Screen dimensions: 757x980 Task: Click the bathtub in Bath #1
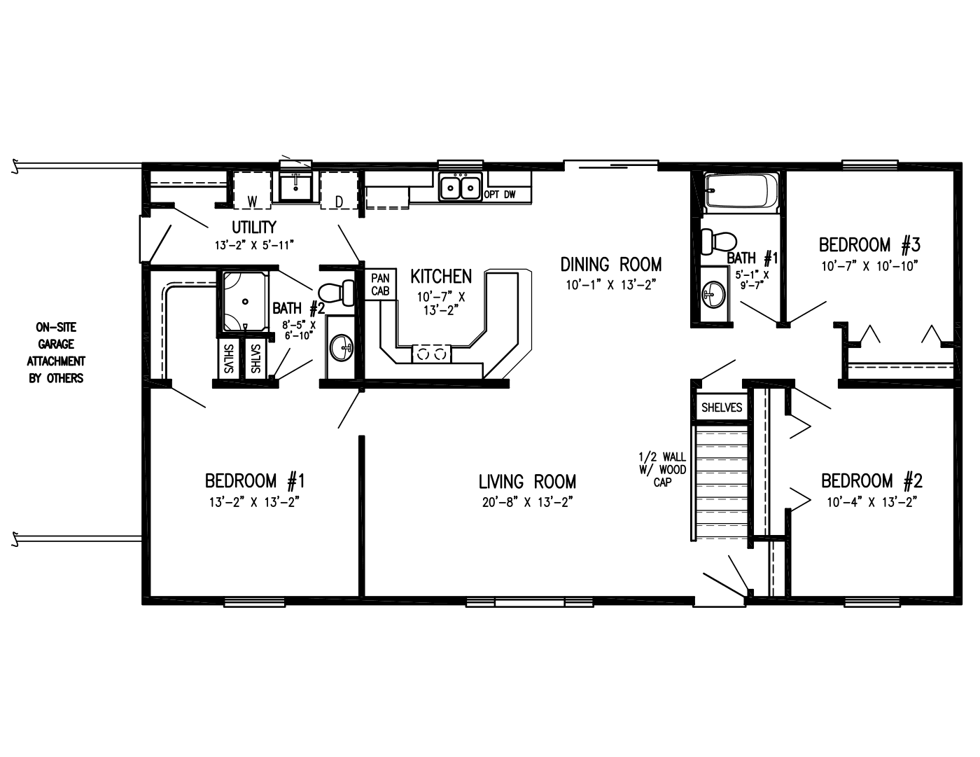pyautogui.click(x=741, y=192)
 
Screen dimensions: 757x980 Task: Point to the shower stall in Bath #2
pyautogui.click(x=245, y=301)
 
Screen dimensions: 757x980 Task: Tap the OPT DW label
pyautogui.click(x=500, y=195)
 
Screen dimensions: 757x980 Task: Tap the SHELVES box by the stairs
pyautogui.click(x=721, y=407)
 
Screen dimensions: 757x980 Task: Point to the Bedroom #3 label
pyautogui.click(x=869, y=245)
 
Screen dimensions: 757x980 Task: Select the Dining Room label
pyautogui.click(x=610, y=264)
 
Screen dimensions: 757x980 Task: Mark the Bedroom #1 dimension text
pyautogui.click(x=254, y=501)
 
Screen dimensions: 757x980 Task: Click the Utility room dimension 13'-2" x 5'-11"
pyautogui.click(x=253, y=245)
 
